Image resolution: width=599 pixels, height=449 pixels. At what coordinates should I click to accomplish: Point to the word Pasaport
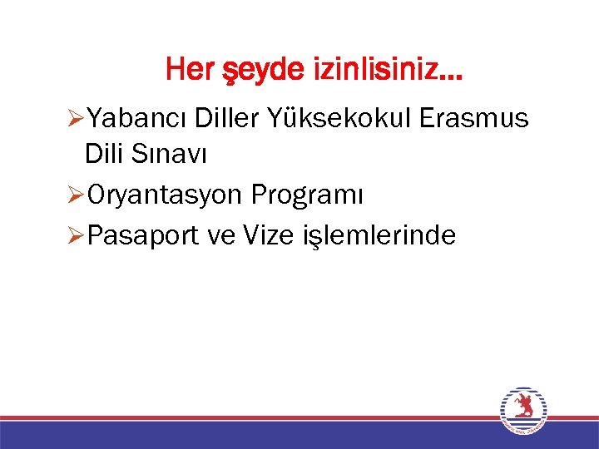(141, 236)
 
